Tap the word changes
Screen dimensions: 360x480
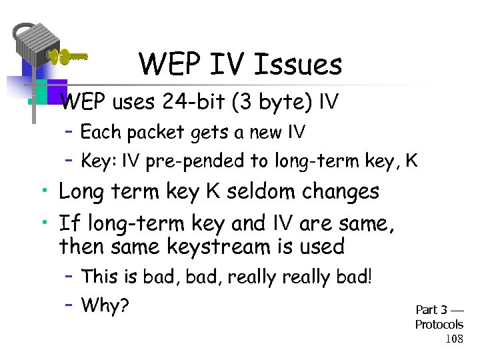[341, 191]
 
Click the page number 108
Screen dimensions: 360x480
[453, 339]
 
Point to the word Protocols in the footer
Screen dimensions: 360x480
[439, 325]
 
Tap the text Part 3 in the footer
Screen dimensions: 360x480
[431, 309]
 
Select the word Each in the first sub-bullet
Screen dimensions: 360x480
[100, 133]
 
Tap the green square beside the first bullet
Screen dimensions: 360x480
[39, 91]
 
